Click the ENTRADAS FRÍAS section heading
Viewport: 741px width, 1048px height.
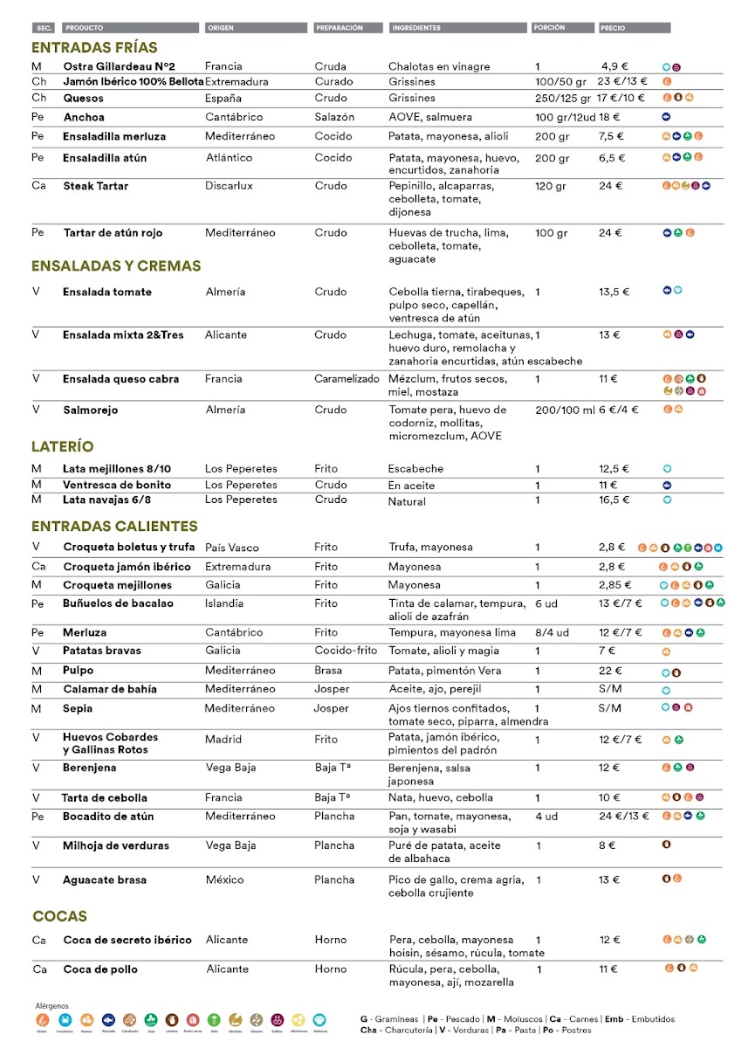tap(94, 48)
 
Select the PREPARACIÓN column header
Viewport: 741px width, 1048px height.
tap(339, 28)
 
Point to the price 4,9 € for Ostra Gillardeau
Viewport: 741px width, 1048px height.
tap(614, 66)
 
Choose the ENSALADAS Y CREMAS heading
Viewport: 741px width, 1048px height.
tap(116, 265)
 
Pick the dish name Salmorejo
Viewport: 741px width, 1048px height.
tap(90, 410)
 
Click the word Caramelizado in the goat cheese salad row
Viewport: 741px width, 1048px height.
tap(347, 379)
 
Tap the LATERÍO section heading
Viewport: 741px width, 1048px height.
tap(63, 446)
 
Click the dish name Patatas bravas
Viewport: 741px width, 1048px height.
tap(101, 651)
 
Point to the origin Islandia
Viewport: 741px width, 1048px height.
tap(226, 603)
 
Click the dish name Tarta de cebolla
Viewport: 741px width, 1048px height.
tap(104, 797)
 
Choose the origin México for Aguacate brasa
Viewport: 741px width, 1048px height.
tap(224, 879)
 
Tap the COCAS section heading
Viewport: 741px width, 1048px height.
tap(59, 916)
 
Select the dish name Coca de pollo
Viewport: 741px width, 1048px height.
tap(100, 969)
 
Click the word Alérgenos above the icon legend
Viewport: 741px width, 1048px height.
tap(51, 1005)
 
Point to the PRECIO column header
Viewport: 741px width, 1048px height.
tap(613, 28)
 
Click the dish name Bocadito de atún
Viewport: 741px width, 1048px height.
tap(108, 816)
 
